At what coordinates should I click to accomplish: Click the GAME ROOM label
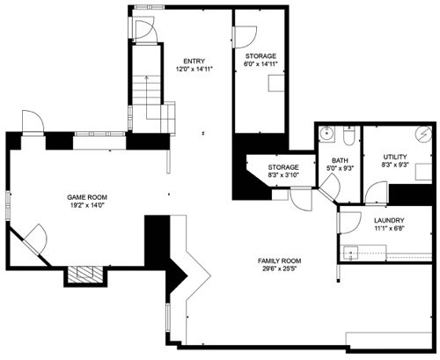87,197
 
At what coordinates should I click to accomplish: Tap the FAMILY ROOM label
279,261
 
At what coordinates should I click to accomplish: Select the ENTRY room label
194,62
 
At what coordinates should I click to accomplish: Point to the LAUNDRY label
389,220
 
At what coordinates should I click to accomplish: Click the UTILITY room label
395,157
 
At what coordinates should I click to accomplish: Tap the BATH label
340,160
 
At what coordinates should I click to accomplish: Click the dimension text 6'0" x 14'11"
260,64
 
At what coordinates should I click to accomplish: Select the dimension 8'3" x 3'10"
283,175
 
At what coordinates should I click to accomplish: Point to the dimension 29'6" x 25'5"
280,268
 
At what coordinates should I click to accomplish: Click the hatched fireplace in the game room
85,275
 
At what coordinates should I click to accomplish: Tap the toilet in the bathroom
349,136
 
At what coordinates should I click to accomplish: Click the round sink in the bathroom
326,134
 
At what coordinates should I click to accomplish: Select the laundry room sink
351,253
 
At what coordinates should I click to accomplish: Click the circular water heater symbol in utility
423,135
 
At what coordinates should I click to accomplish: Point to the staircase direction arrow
146,97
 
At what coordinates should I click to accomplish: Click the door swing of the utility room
377,193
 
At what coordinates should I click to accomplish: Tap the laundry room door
349,223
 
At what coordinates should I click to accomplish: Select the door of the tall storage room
245,37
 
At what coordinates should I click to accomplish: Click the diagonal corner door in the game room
35,240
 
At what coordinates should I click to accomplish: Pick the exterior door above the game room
33,122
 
